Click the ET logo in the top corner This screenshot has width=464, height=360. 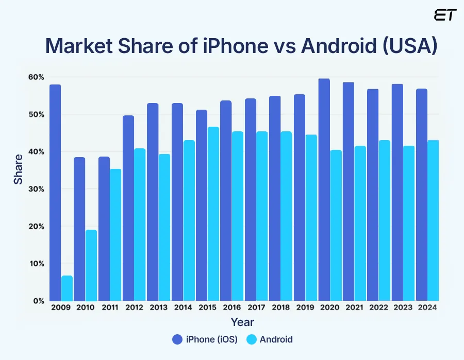point(445,15)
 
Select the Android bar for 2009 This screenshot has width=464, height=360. point(67,288)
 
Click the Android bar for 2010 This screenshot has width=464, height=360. point(91,265)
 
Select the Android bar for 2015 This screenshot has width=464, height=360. point(213,214)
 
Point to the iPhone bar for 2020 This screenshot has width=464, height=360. point(324,191)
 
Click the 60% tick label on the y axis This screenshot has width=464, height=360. point(36,77)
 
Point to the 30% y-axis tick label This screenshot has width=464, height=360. point(36,189)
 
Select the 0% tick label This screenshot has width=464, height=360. point(38,301)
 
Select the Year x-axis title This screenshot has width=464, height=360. point(242,322)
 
